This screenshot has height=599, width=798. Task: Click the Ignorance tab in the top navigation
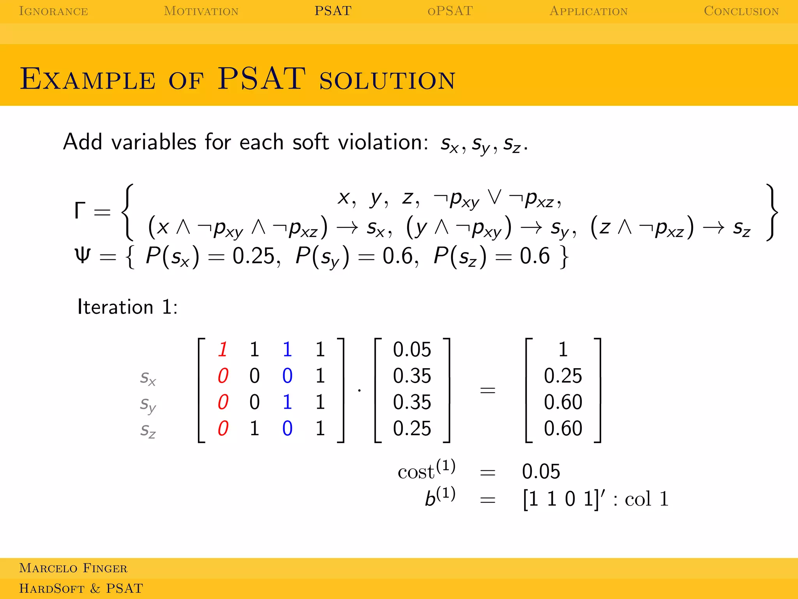[x=53, y=11]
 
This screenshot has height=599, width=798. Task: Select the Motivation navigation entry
[x=201, y=11]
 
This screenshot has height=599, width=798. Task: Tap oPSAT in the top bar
[x=450, y=11]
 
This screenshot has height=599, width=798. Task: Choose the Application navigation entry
[x=588, y=11]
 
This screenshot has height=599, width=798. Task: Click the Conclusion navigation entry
[x=741, y=11]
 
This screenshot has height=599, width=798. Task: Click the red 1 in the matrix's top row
[x=223, y=349]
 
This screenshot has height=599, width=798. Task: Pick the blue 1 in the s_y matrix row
[x=287, y=402]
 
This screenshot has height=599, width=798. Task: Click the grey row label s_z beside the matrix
[x=148, y=430]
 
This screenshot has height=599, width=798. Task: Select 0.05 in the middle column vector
[x=412, y=349]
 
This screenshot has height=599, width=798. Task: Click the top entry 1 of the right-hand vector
[x=563, y=349]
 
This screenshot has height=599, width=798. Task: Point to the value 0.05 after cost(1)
[x=541, y=471]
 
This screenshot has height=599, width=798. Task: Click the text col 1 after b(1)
[x=646, y=499]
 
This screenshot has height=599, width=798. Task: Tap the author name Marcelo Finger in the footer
[x=73, y=568]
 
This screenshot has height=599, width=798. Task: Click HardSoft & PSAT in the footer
[x=81, y=588]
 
